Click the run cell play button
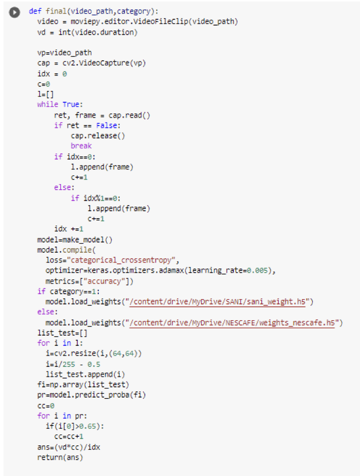(14, 12)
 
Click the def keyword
(35, 11)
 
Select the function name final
(56, 11)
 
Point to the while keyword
(48, 104)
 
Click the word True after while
(71, 104)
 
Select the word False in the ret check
(107, 126)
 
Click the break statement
(81, 146)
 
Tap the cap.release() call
(98, 135)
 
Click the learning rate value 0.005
(257, 270)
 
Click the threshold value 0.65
(87, 426)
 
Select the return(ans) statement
(60, 457)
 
